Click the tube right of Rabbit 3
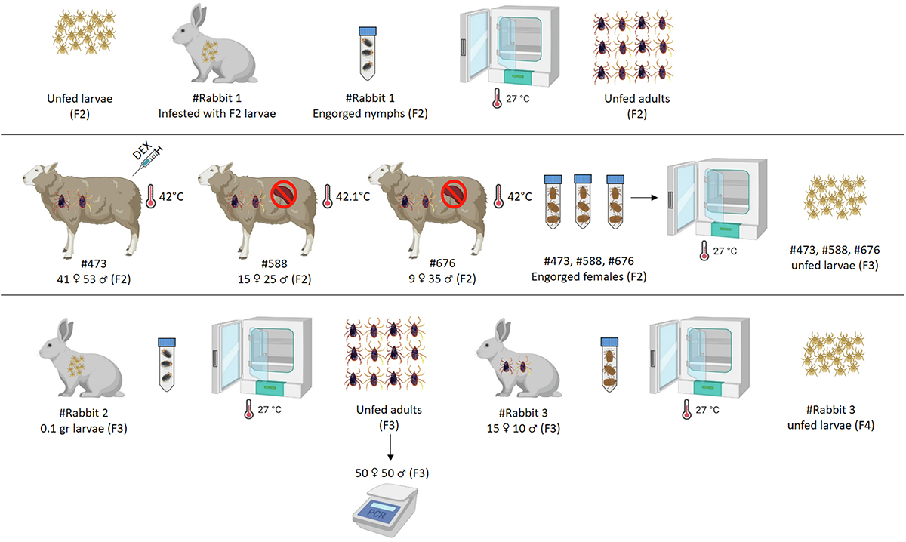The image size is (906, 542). coord(608,361)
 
